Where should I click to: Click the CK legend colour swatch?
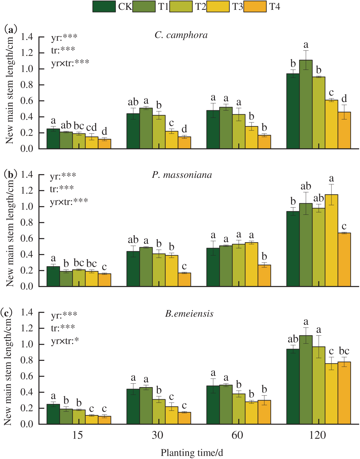[x=104, y=6]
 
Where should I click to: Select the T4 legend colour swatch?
[x=255, y=6]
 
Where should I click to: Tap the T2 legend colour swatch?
[x=181, y=6]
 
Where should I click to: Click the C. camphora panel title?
[x=181, y=35]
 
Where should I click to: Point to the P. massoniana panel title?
[x=182, y=175]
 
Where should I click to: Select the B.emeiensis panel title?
[x=189, y=314]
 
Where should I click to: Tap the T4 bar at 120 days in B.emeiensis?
[x=344, y=393]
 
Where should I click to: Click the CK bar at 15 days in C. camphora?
[x=53, y=139]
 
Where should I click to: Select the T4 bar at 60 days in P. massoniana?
[x=264, y=276]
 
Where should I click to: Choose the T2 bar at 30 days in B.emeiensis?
[x=159, y=412]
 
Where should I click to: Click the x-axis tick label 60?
[x=237, y=435]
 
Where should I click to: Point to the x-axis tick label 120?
[x=317, y=435]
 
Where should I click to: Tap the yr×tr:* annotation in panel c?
[x=65, y=341]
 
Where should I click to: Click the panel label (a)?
[x=11, y=29]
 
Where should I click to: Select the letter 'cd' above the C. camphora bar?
[x=91, y=127]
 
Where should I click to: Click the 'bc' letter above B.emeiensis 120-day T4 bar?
[x=344, y=351]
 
